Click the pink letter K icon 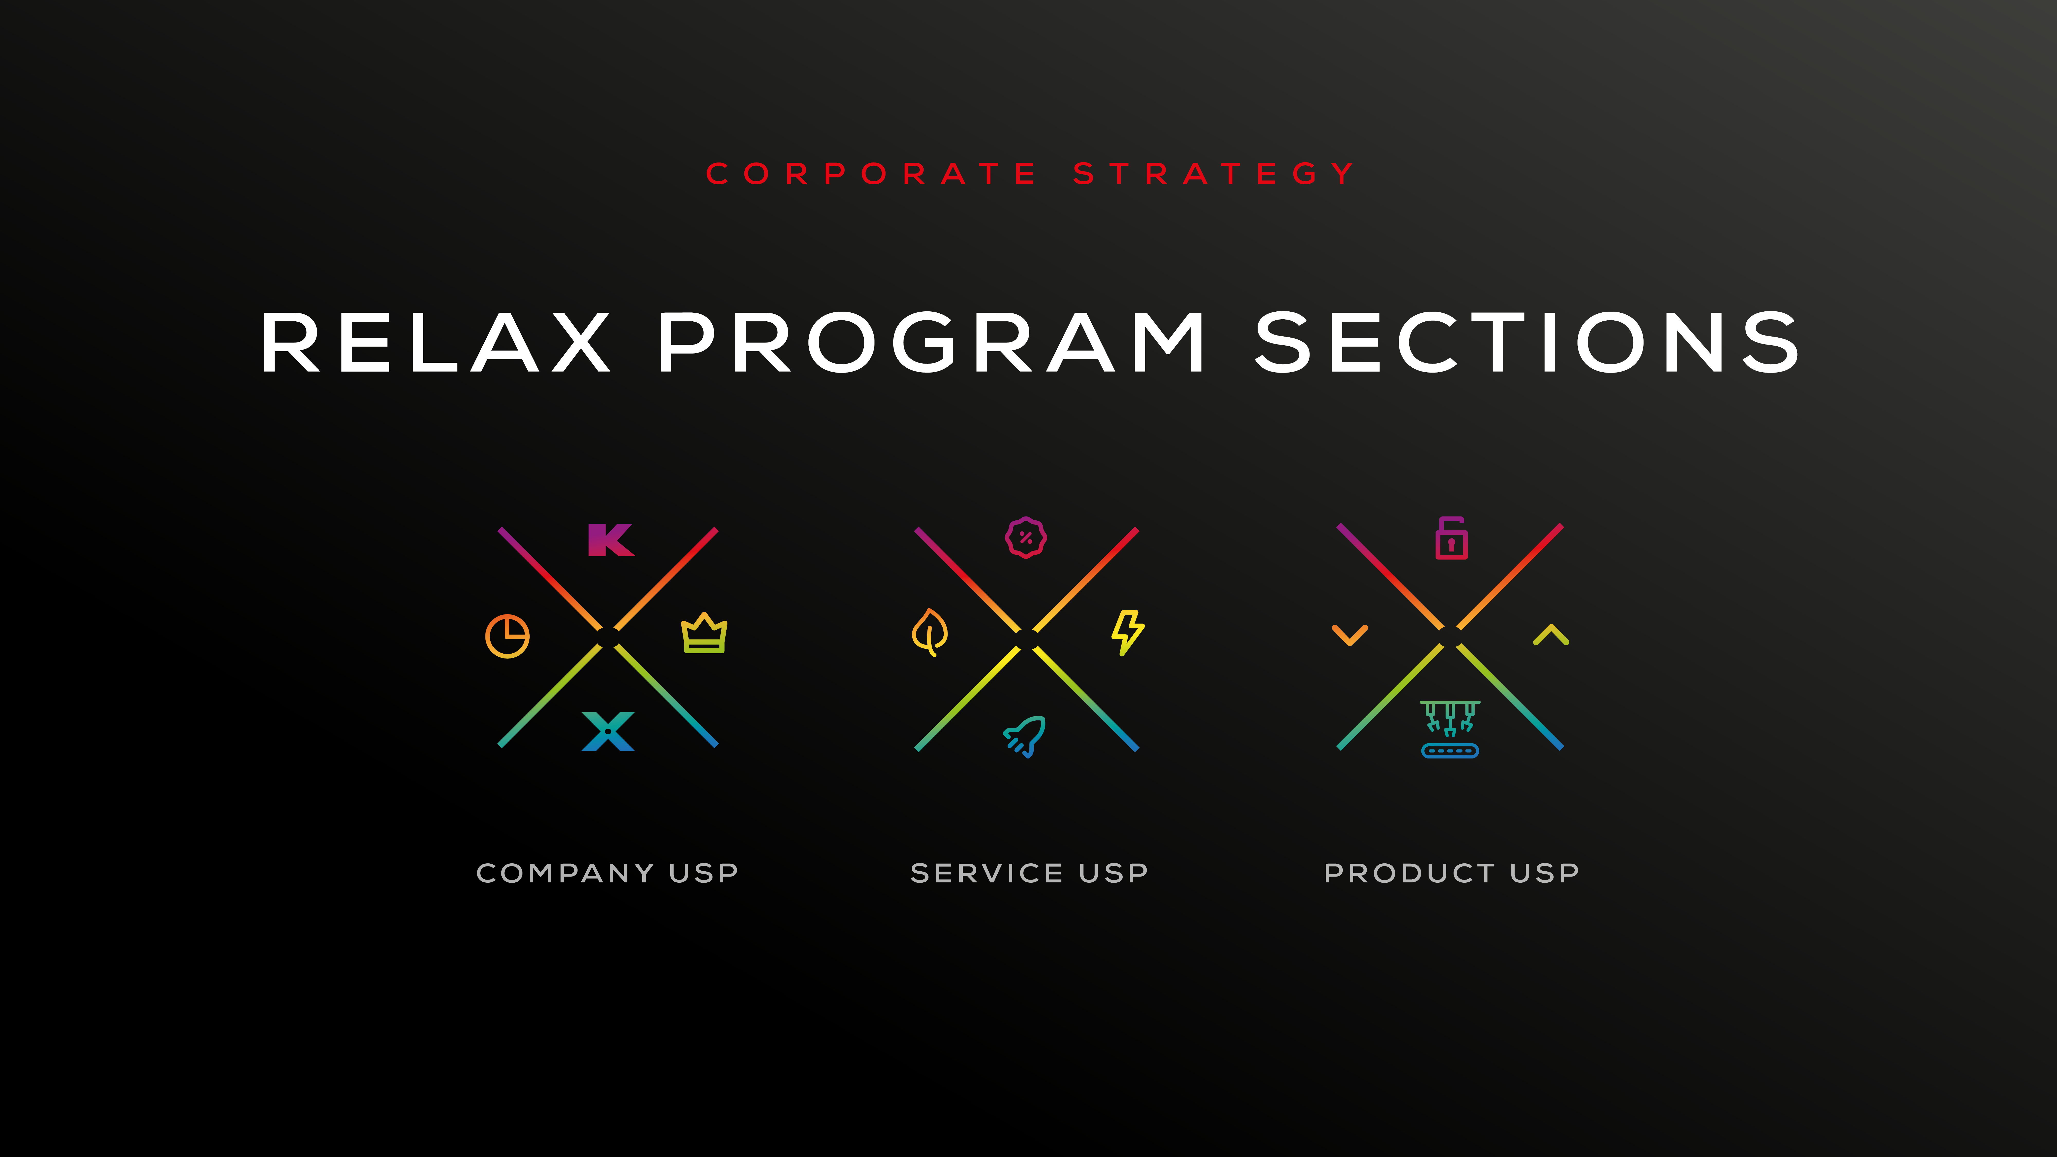pos(611,540)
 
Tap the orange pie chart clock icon pos(507,636)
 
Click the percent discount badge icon pos(1026,537)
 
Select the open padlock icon pos(1451,538)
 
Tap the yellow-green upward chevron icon pos(1551,635)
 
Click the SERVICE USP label pos(1029,873)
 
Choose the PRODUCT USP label pos(1452,873)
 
